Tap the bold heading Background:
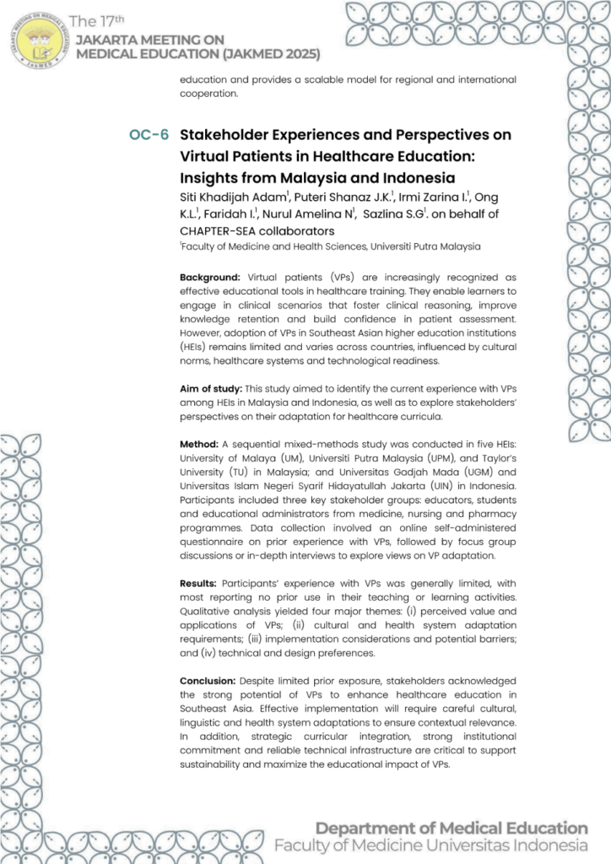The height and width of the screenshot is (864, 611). pos(210,277)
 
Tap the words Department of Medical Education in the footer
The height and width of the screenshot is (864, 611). pos(451,828)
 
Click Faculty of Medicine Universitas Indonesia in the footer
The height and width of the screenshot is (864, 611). pos(430,845)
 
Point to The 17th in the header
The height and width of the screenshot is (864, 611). pos(96,21)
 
